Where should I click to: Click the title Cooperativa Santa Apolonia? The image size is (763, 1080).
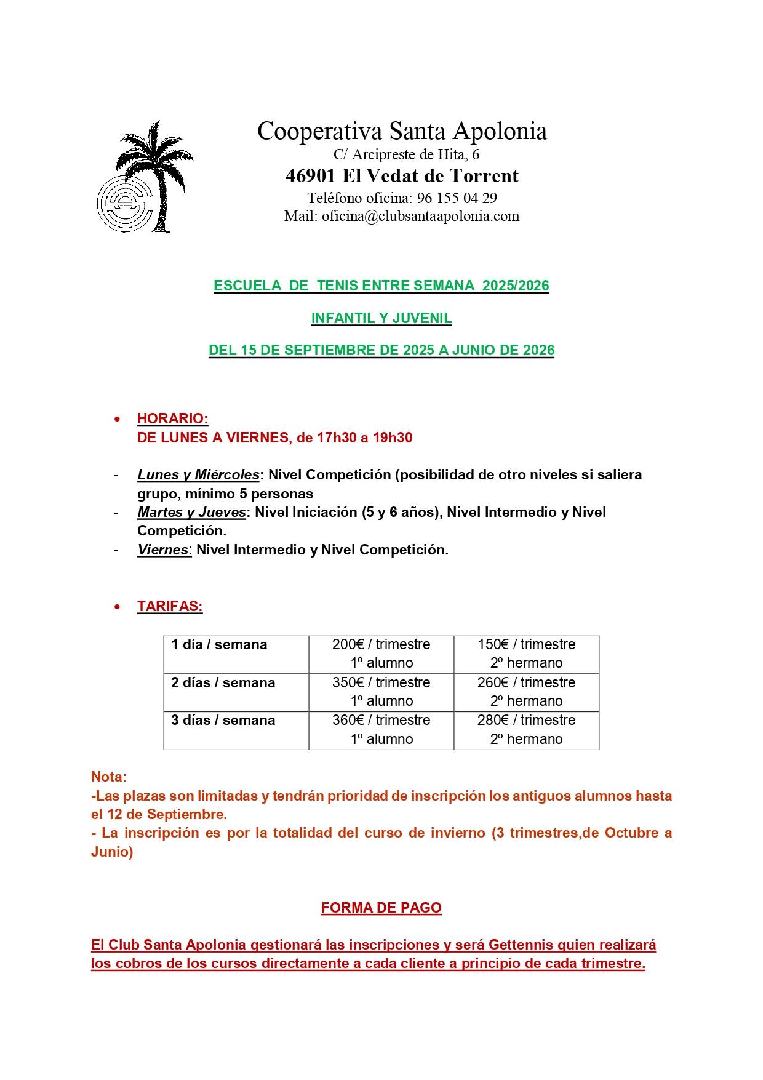tap(402, 131)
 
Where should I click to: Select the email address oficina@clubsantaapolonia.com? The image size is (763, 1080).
tap(420, 216)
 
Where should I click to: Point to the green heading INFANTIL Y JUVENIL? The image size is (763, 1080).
tap(381, 318)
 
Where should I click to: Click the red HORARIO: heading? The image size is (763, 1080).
tap(172, 418)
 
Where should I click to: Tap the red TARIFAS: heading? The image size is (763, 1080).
tap(170, 606)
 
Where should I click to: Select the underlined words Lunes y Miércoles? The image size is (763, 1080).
tap(198, 475)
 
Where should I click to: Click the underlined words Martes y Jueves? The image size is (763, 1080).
tap(191, 513)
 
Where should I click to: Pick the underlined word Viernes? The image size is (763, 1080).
tap(163, 550)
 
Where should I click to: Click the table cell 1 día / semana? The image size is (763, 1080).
tap(219, 645)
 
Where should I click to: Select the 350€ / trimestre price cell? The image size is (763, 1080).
tap(381, 683)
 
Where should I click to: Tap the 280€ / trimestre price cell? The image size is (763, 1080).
tap(526, 721)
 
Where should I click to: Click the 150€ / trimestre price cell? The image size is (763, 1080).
tap(526, 645)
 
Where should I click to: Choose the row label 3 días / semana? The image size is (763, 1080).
tap(223, 721)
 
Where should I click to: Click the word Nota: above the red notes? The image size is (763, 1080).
tap(109, 777)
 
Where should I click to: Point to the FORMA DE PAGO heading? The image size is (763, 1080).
tap(381, 908)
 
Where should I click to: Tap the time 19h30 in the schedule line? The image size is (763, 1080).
tap(393, 438)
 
